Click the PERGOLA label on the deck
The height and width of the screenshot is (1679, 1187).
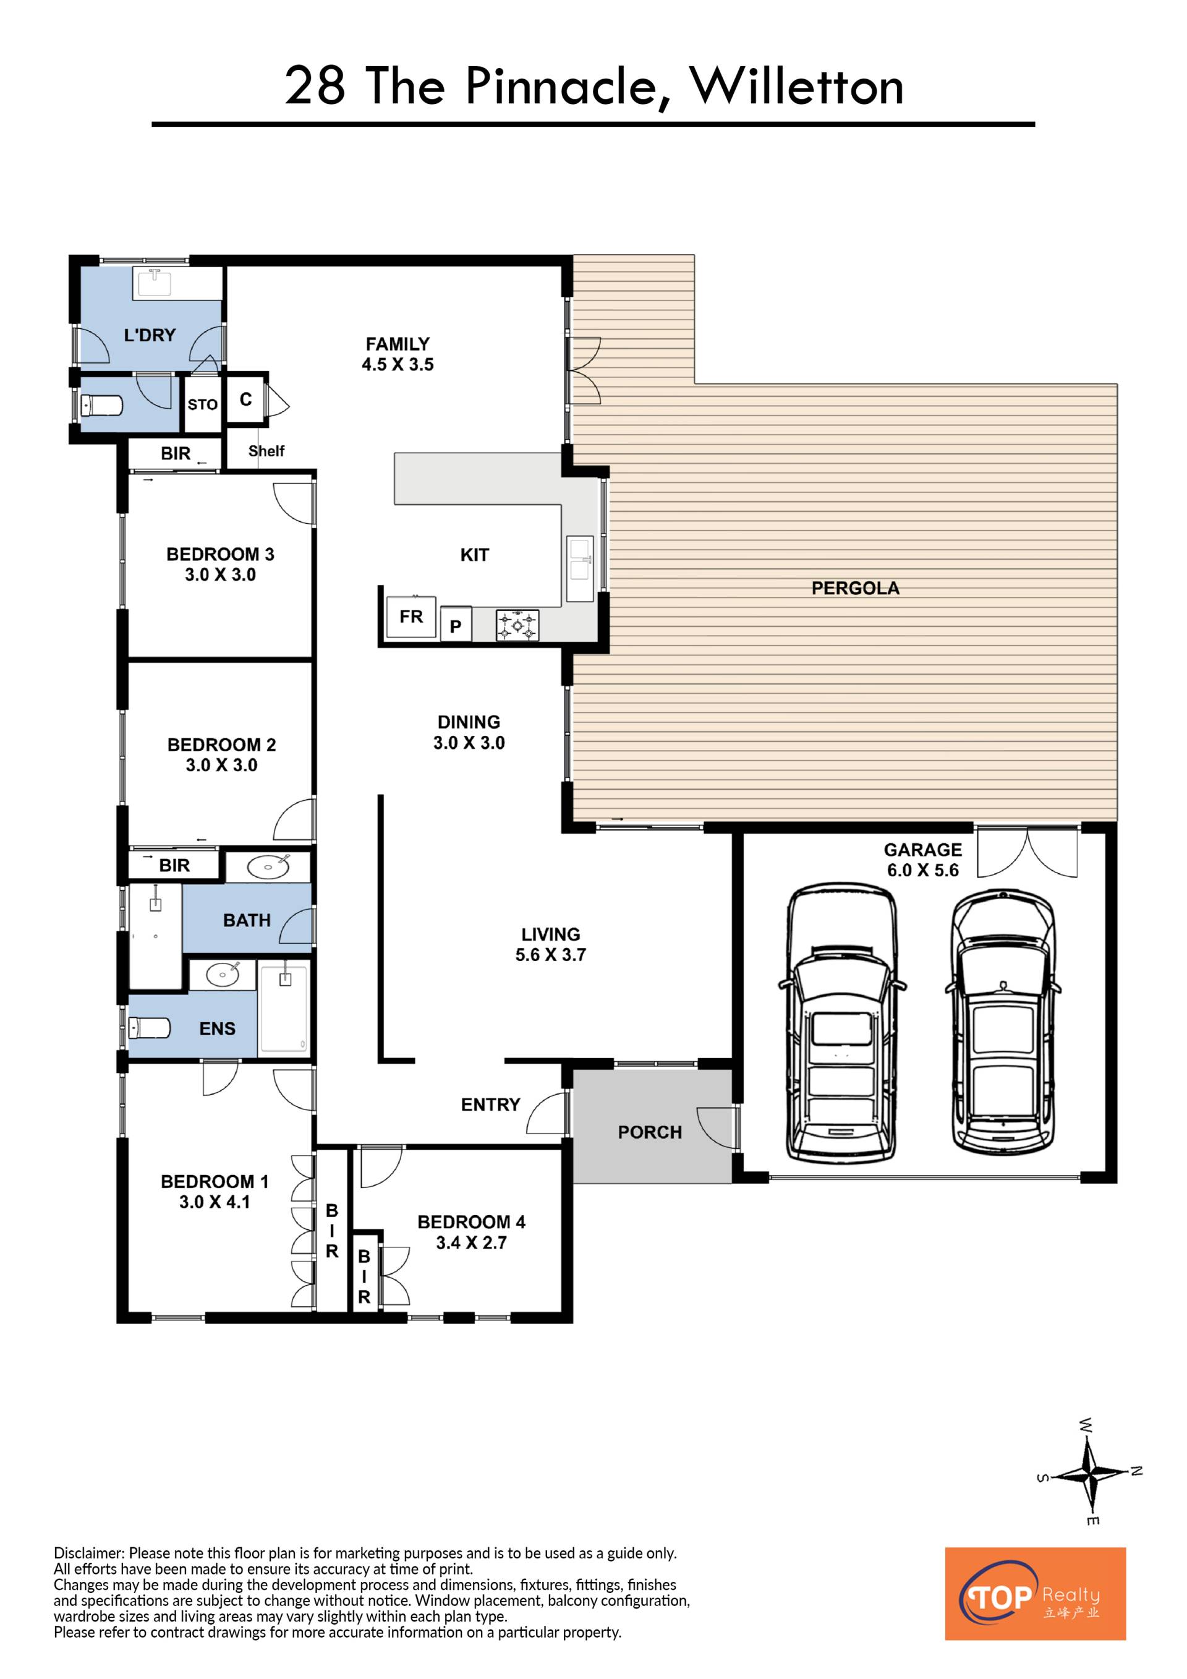point(855,588)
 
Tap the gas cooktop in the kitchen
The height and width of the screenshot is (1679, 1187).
point(517,625)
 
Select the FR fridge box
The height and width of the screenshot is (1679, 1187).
point(411,617)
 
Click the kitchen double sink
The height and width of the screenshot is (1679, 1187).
point(581,569)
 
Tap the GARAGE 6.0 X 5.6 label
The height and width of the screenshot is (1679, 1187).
point(922,859)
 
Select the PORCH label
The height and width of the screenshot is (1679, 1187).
point(650,1132)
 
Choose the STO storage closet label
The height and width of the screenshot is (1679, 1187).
point(202,404)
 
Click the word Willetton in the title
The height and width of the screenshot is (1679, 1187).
point(797,87)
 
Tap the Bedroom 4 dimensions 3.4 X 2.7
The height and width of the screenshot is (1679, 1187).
point(472,1242)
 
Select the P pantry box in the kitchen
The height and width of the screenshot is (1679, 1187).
point(456,625)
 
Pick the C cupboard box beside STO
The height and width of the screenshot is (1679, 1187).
point(245,399)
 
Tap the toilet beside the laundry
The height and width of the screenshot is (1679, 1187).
point(101,404)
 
